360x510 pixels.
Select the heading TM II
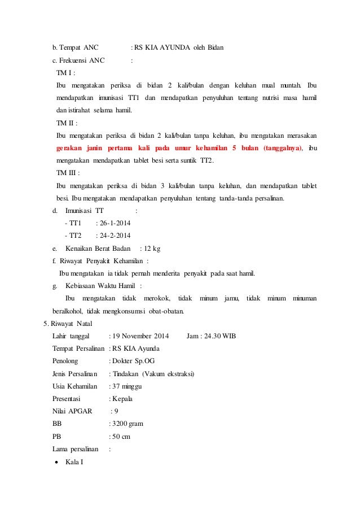(x=67, y=123)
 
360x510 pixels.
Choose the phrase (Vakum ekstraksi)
(x=169, y=374)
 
